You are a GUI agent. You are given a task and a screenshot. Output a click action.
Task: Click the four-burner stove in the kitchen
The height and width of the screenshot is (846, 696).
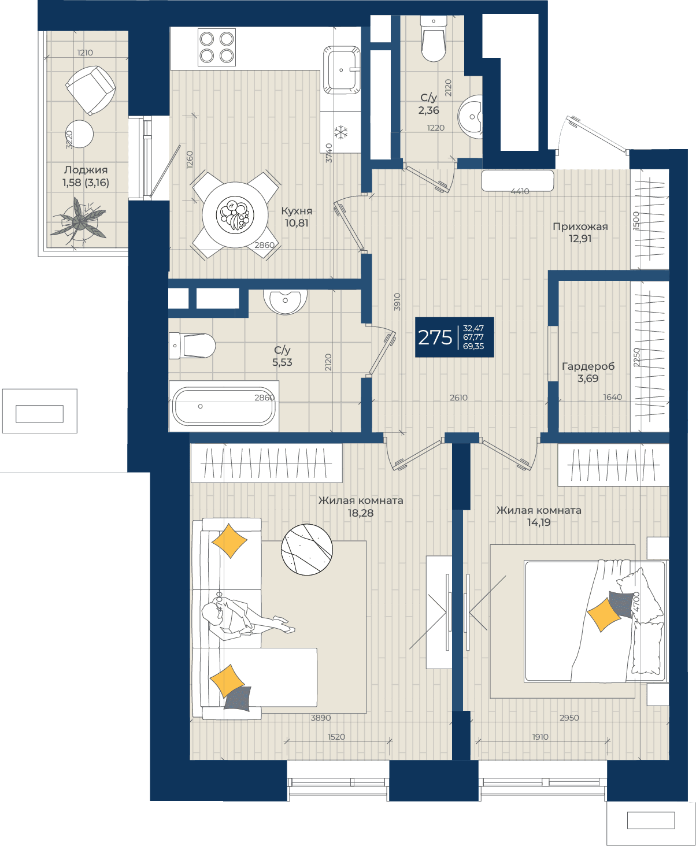coord(217,47)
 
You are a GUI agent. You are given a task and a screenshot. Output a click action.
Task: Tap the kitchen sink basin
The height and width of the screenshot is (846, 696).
coord(342,70)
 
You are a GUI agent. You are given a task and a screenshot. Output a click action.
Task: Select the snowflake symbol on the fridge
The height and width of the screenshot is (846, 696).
coord(341,132)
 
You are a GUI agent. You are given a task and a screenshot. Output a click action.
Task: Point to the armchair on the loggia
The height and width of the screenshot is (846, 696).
coord(91,90)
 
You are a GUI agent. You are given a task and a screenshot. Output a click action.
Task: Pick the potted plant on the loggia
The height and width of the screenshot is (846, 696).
coord(78,221)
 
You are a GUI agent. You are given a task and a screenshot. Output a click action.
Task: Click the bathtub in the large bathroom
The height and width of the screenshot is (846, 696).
coord(224,406)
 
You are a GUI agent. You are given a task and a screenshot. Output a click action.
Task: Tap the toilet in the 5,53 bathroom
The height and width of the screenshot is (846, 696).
coord(192,346)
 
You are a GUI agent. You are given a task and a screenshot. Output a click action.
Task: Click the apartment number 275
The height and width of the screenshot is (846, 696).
coord(435,337)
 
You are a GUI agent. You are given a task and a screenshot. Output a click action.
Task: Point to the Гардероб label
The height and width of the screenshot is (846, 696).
coord(588,366)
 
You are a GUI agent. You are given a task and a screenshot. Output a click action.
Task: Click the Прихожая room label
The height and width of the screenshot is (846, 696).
coord(580,227)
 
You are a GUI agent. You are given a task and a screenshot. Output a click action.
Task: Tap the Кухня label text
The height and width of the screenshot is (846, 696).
coord(297,211)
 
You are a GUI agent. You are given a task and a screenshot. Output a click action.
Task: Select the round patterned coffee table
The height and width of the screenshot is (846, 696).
coord(306,549)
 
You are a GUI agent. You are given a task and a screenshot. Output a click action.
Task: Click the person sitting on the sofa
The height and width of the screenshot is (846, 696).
coord(245,619)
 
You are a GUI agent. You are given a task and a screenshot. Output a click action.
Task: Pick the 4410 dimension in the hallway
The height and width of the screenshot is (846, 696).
coord(520,191)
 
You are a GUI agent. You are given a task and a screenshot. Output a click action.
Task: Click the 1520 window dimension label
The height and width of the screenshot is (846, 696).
coord(336,737)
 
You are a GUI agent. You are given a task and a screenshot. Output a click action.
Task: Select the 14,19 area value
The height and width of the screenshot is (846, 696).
coord(539,522)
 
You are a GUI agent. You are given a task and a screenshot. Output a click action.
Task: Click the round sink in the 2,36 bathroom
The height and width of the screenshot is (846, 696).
coord(471,117)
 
